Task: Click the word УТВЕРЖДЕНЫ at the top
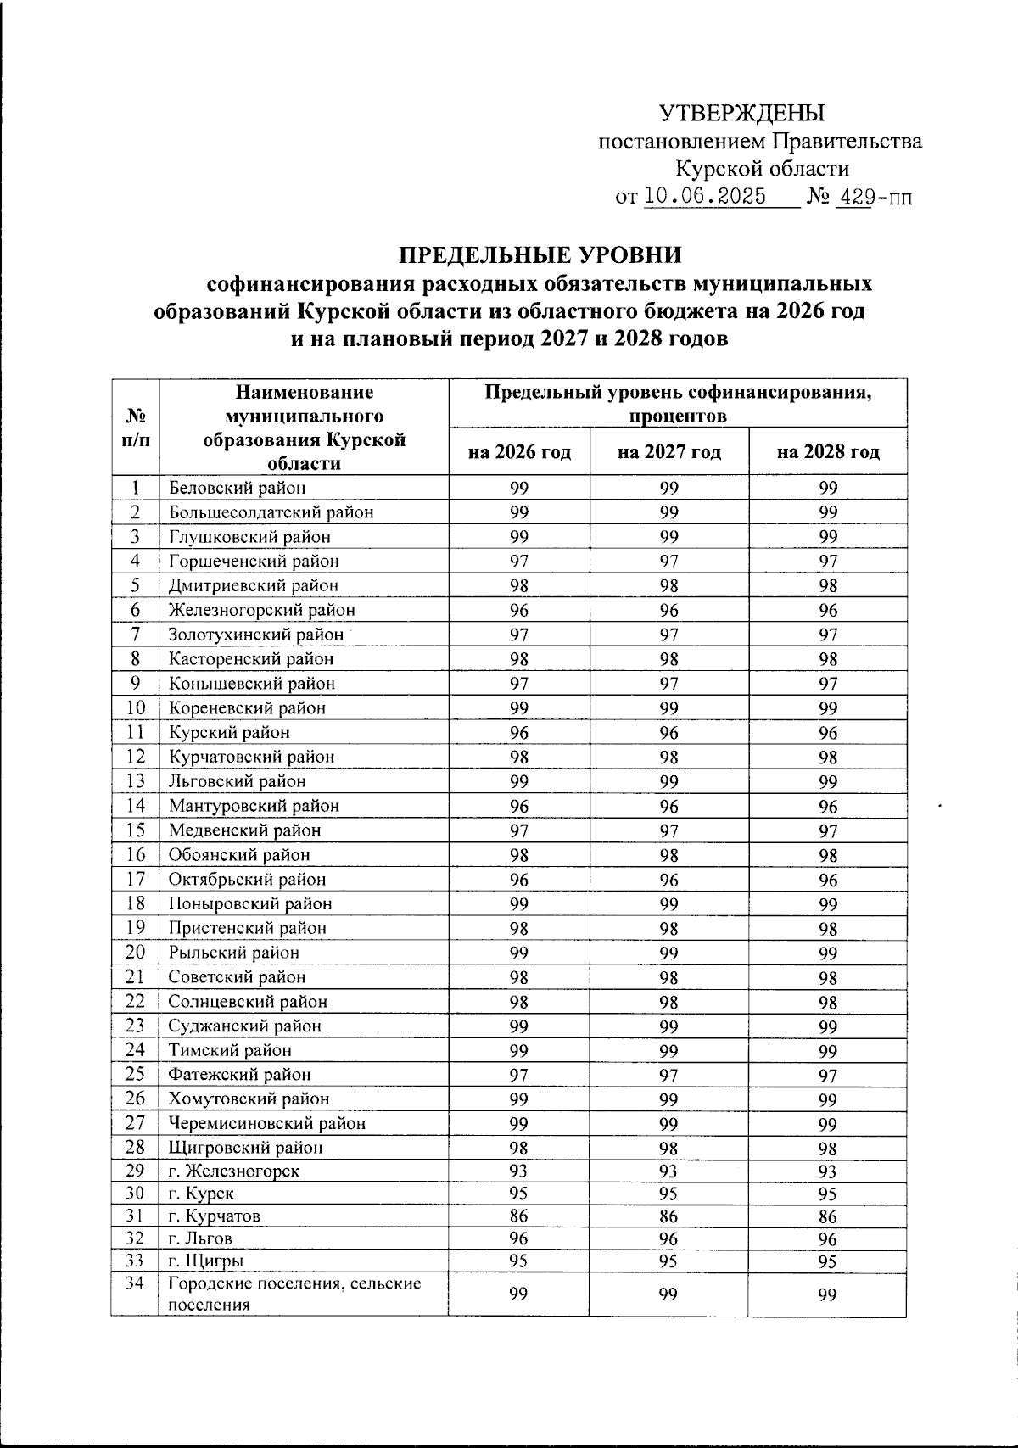click(742, 112)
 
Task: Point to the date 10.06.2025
click(705, 197)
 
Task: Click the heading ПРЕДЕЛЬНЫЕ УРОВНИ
click(540, 254)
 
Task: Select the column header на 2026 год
click(519, 451)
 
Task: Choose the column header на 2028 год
click(828, 451)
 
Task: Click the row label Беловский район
click(237, 488)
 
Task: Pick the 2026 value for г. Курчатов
click(519, 1216)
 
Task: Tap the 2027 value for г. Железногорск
click(669, 1171)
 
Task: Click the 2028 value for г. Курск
click(828, 1194)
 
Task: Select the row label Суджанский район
click(244, 1026)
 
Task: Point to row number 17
click(135, 879)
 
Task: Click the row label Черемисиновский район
click(267, 1123)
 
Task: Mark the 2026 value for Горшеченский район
click(519, 561)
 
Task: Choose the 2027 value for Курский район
click(669, 732)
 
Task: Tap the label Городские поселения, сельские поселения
click(294, 1294)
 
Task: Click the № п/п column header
click(135, 428)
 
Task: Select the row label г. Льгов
click(200, 1238)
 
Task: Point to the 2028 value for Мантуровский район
click(828, 806)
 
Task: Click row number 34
click(135, 1283)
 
